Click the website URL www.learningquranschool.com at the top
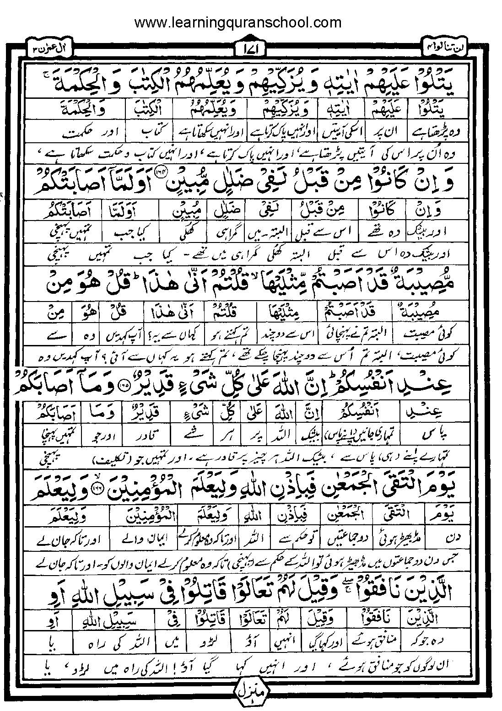(238, 22)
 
